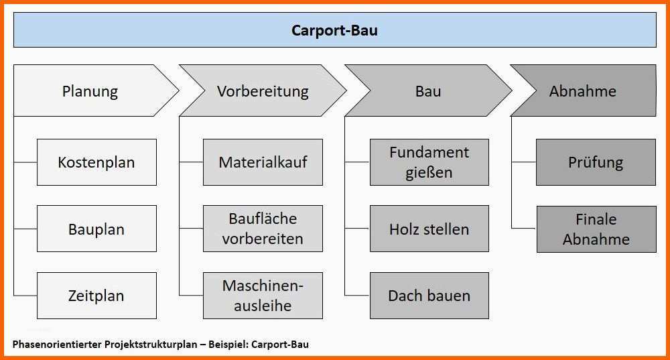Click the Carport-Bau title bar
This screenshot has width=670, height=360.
click(x=334, y=30)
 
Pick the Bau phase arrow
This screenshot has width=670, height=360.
click(x=428, y=91)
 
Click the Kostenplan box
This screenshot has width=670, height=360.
click(x=96, y=162)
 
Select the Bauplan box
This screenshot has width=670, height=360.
click(x=96, y=229)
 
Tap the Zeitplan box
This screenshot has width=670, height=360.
click(x=96, y=296)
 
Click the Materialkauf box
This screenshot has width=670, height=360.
click(x=263, y=162)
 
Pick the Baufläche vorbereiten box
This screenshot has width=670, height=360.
click(x=263, y=229)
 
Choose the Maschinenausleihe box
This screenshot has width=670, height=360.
click(x=263, y=296)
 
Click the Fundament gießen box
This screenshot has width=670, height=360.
click(x=429, y=162)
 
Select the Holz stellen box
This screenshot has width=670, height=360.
click(x=429, y=229)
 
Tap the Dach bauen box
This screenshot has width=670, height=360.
click(x=429, y=296)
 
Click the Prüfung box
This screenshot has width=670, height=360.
click(x=596, y=162)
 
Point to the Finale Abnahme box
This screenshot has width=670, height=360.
click(x=596, y=229)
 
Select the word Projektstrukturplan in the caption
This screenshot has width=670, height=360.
click(x=151, y=345)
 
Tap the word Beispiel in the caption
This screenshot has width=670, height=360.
click(x=228, y=345)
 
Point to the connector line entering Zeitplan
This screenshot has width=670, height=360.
click(x=25, y=296)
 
